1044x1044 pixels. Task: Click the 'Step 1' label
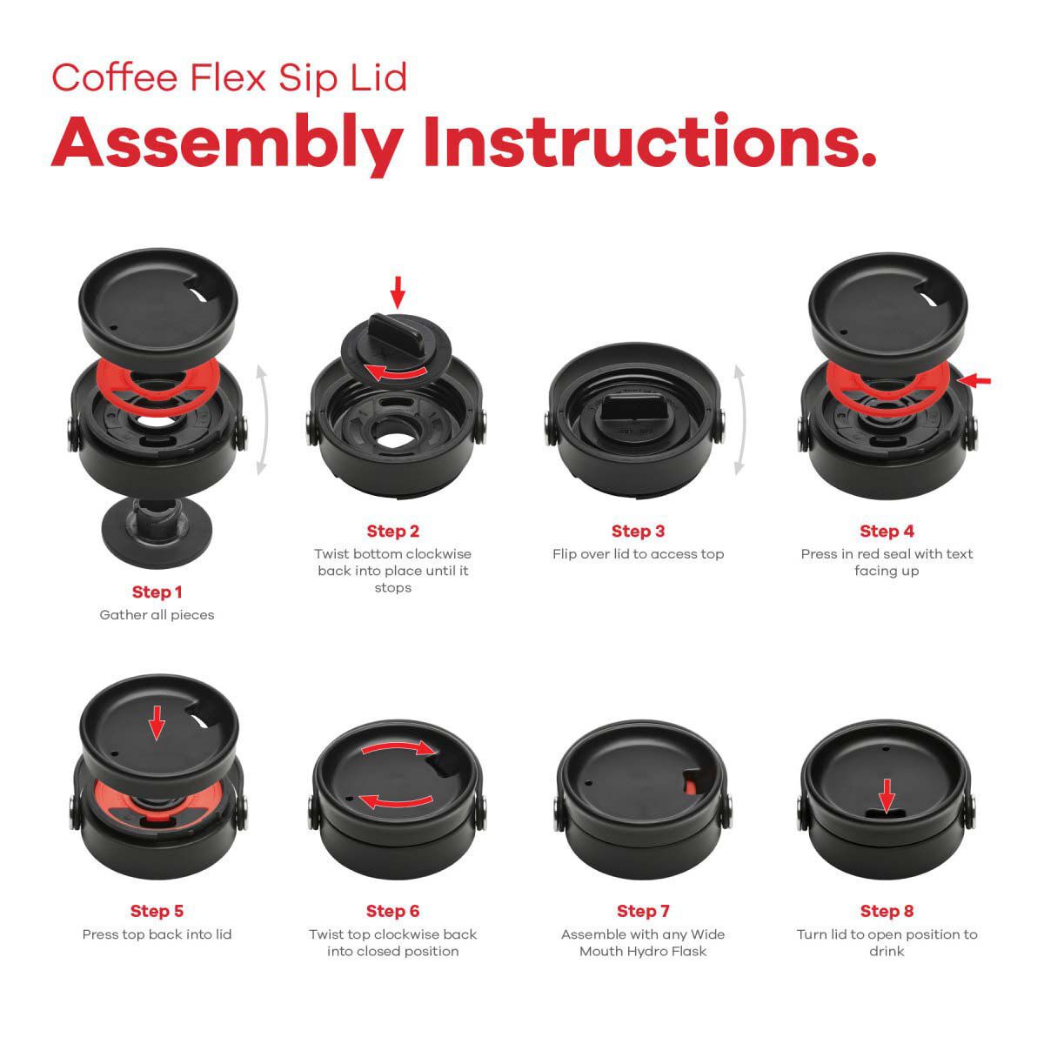(157, 592)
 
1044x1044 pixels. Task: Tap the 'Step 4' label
(887, 532)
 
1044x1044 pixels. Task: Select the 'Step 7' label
(643, 912)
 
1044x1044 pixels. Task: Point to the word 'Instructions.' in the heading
(648, 144)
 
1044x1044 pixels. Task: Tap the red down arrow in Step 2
(398, 292)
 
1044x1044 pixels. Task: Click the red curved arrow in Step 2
(397, 373)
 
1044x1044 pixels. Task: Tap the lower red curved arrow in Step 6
(396, 800)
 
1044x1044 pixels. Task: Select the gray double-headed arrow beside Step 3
(739, 420)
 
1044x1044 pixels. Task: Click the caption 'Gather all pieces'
(157, 615)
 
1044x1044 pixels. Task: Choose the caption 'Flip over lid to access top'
(638, 554)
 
